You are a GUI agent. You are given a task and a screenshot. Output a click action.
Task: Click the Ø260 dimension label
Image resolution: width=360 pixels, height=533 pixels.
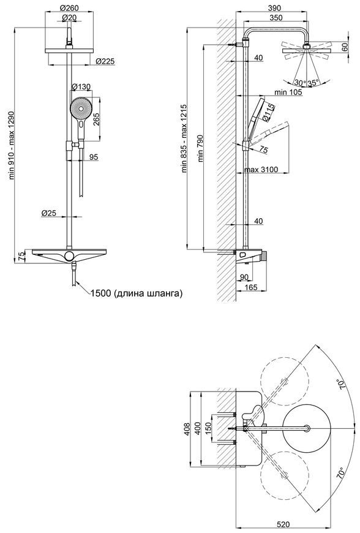pyautogui.click(x=69, y=8)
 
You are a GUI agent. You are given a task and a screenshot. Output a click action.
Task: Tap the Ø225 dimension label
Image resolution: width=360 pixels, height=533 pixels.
pyautogui.click(x=105, y=61)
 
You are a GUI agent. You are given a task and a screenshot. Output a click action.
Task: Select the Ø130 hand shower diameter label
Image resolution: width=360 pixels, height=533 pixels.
pyautogui.click(x=81, y=87)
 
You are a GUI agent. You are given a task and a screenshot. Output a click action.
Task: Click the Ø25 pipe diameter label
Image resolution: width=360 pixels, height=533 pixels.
pyautogui.click(x=48, y=213)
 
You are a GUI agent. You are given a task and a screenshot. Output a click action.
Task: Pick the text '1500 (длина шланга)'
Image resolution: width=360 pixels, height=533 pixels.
pyautogui.click(x=137, y=293)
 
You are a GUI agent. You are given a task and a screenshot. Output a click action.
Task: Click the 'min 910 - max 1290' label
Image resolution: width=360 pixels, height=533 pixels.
pyautogui.click(x=12, y=145)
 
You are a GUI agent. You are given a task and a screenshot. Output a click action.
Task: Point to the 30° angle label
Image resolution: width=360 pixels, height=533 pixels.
pyautogui.click(x=300, y=83)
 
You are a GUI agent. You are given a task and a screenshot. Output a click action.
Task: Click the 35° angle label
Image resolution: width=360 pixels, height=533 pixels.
pyautogui.click(x=313, y=83)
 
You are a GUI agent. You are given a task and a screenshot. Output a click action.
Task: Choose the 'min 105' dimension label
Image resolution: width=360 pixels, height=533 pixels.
pyautogui.click(x=288, y=92)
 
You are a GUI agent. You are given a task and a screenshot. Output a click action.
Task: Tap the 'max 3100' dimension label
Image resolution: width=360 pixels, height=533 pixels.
pyautogui.click(x=261, y=169)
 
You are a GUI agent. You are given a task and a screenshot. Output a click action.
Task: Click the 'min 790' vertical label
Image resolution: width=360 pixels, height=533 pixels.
pyautogui.click(x=200, y=148)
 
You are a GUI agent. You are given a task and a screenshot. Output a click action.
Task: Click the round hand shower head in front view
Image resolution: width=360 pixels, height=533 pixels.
pyautogui.click(x=81, y=108)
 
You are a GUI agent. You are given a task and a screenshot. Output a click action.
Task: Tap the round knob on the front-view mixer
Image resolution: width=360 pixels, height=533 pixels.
pyautogui.click(x=69, y=255)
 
